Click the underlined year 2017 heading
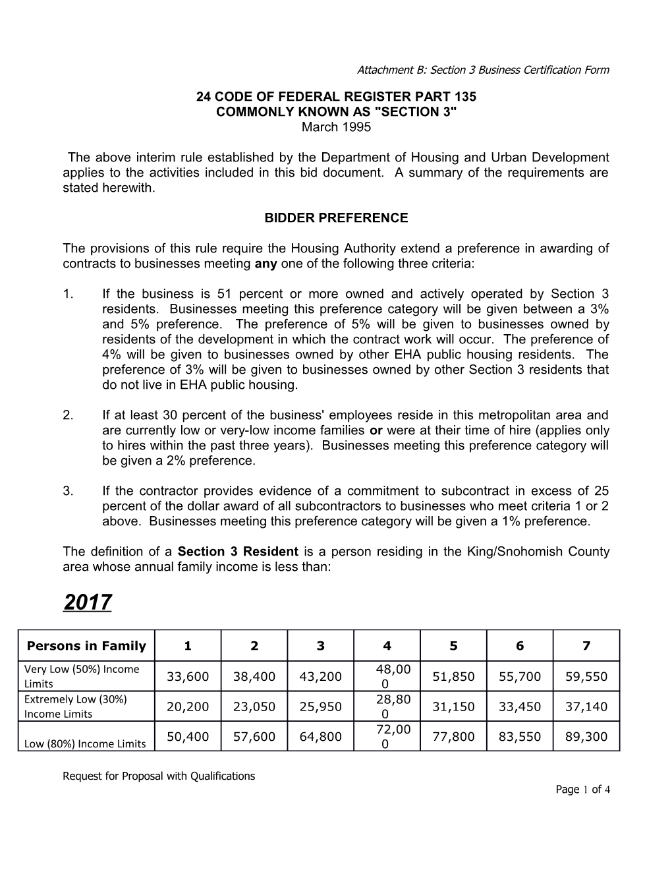pos(88,602)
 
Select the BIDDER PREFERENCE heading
pos(336,218)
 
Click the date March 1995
pos(336,127)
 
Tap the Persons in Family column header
pos(86,646)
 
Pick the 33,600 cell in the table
pos(188,676)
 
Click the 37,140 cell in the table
pos(586,707)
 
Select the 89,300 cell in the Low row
pos(586,736)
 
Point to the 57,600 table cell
pos(254,736)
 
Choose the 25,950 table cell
pos(320,707)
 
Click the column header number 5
pos(453,646)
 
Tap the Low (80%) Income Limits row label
pos(85,743)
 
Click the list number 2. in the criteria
pos(69,415)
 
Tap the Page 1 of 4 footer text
pos(583,790)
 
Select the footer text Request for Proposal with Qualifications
pos(159,776)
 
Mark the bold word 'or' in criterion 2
pos(376,430)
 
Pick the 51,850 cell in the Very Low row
pos(453,676)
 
